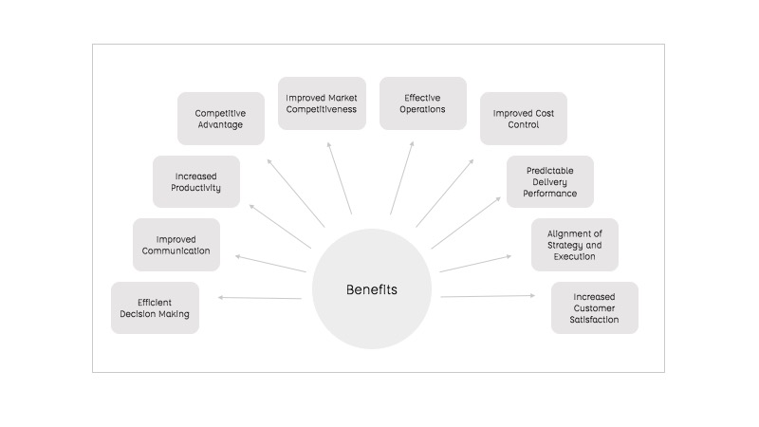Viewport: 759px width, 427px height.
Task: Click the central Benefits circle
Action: (371, 289)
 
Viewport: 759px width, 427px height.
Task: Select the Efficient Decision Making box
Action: (155, 307)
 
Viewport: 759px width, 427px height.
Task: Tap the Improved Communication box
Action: (176, 245)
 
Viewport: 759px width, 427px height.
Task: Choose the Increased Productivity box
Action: (196, 181)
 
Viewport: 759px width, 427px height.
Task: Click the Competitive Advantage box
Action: (220, 119)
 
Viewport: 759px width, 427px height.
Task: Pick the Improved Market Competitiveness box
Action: (322, 103)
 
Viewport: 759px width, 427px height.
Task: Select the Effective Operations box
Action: (423, 103)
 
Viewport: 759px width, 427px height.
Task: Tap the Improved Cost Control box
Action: (523, 119)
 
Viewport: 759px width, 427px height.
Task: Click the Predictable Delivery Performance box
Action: (549, 181)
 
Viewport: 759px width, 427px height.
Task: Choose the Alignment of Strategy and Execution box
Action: (574, 245)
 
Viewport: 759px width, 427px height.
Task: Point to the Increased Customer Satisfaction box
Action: (595, 307)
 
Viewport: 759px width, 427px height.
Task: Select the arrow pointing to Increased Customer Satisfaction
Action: (487, 296)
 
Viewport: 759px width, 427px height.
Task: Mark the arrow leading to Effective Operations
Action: (402, 179)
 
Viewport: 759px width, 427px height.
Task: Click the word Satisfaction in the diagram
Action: (594, 320)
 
